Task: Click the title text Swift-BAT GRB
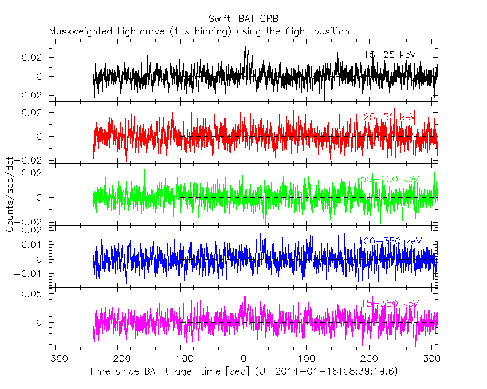pyautogui.click(x=243, y=17)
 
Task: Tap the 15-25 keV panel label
pyautogui.click(x=389, y=55)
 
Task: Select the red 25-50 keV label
pyautogui.click(x=389, y=117)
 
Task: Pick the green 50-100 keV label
pyautogui.click(x=389, y=179)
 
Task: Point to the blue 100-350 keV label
pyautogui.click(x=389, y=241)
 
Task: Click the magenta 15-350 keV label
pyautogui.click(x=389, y=303)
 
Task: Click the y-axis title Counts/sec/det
pyautogui.click(x=10, y=194)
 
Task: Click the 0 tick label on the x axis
pyautogui.click(x=244, y=360)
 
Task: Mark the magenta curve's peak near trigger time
pyautogui.click(x=245, y=297)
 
